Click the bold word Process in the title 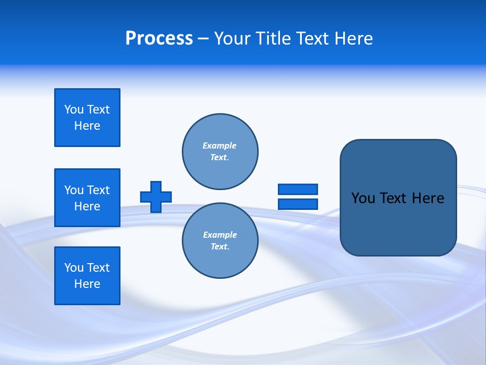point(159,39)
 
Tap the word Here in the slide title point(353,39)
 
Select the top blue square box point(87,118)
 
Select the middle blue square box point(87,198)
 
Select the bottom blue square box point(87,276)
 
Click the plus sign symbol point(156,197)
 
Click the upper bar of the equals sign point(298,189)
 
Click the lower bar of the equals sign point(298,204)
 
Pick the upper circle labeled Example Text point(220,152)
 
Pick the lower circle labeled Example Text point(220,241)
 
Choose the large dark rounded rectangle point(398,223)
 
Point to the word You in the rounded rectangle point(363,198)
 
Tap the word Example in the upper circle point(219,145)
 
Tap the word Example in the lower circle point(220,235)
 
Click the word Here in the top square point(87,126)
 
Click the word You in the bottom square point(74,268)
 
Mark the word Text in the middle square point(98,190)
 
